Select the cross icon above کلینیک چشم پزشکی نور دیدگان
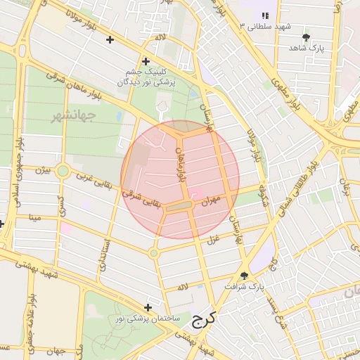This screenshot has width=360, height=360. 146,61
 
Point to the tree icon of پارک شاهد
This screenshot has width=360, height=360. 305,37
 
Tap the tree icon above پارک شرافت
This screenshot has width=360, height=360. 244,276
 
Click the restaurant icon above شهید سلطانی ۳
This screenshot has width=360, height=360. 264,15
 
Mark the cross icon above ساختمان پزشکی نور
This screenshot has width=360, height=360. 148,307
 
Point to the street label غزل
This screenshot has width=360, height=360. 211,240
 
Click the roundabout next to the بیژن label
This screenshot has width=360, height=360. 63,171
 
